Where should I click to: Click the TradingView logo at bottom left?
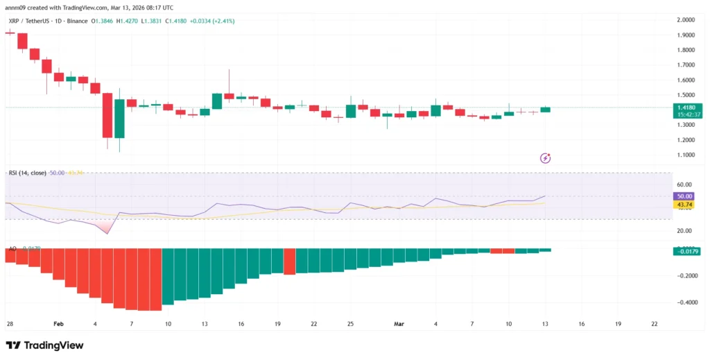pos(45,345)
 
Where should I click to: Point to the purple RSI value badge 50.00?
pos(686,197)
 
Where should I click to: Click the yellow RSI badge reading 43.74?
pos(686,205)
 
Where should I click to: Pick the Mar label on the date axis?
pos(399,324)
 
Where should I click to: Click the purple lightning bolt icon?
pos(545,158)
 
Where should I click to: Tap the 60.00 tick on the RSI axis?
pos(686,185)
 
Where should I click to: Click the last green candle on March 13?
pos(545,109)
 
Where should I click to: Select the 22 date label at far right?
pos(654,324)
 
